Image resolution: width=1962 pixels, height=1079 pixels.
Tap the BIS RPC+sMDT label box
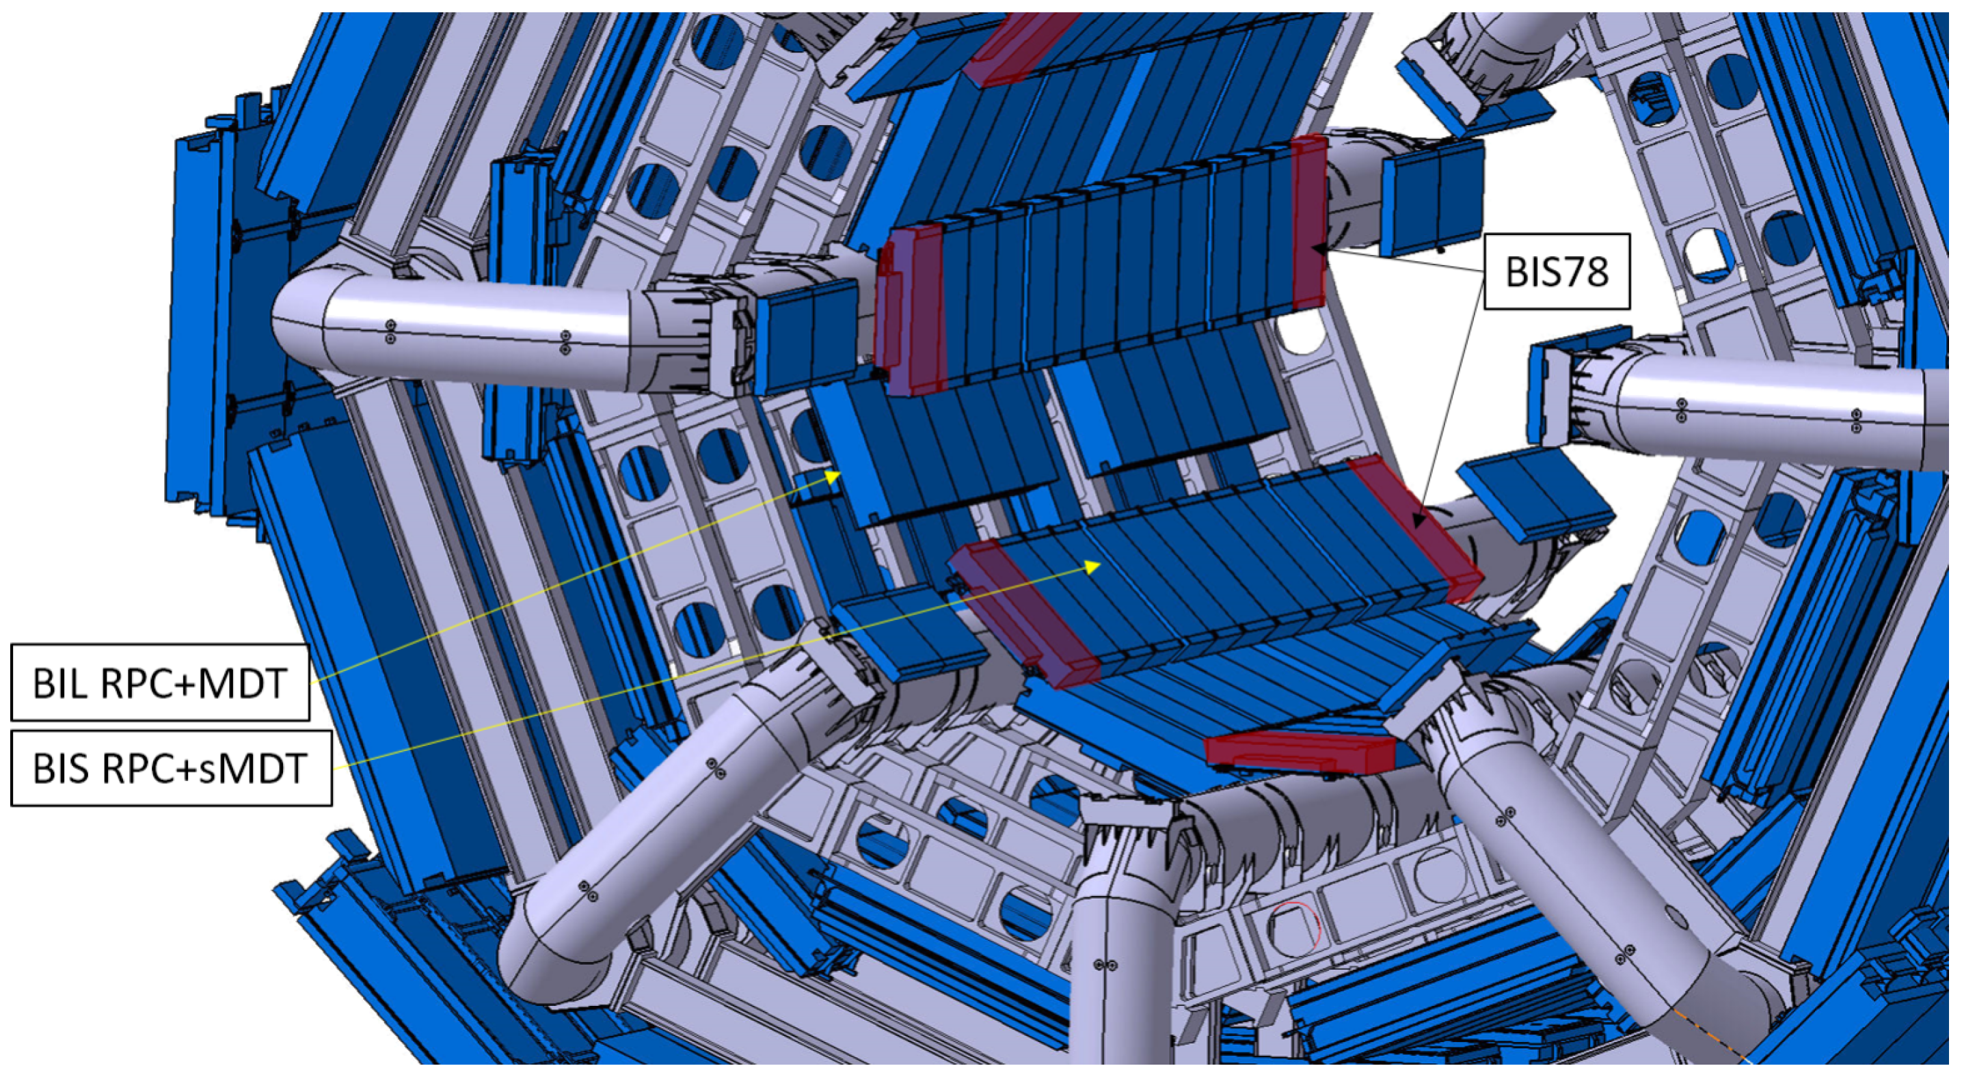pyautogui.click(x=172, y=768)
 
